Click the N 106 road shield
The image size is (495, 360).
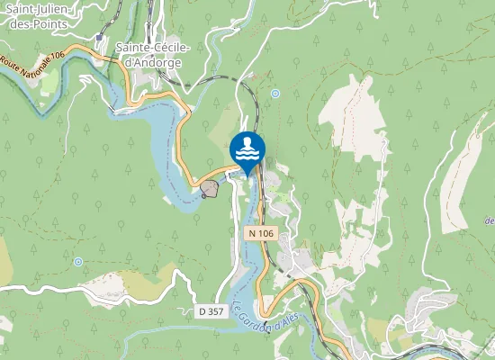click(x=259, y=233)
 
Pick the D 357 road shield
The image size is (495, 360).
click(x=210, y=310)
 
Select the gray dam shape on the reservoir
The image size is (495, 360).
click(x=210, y=189)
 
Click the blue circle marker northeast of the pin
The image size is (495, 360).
click(x=274, y=93)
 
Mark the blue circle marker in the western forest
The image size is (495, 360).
click(x=78, y=262)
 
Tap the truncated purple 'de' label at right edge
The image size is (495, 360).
click(x=489, y=220)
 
